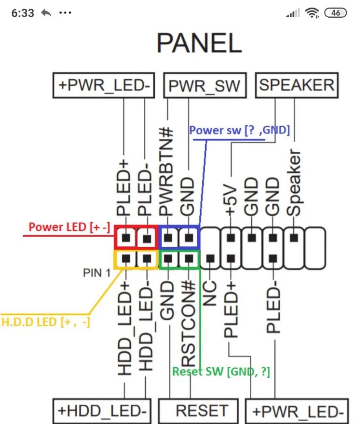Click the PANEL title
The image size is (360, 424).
pyautogui.click(x=199, y=43)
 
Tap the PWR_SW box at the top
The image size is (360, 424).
pyautogui.click(x=204, y=85)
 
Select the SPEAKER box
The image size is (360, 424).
pyautogui.click(x=296, y=85)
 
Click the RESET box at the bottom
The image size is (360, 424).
pyautogui.click(x=198, y=411)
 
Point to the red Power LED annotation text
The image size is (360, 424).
pyautogui.click(x=69, y=227)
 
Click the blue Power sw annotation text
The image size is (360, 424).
pyautogui.click(x=239, y=130)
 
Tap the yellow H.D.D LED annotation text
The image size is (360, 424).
pyautogui.click(x=46, y=322)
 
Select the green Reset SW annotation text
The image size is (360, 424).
pyautogui.click(x=221, y=371)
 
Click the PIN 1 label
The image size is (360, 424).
pyautogui.click(x=97, y=272)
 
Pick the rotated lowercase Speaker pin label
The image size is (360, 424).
pyautogui.click(x=294, y=183)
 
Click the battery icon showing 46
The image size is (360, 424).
pyautogui.click(x=336, y=13)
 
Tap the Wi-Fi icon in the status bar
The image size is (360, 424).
pyautogui.click(x=312, y=13)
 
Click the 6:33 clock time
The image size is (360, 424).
pyautogui.click(x=23, y=13)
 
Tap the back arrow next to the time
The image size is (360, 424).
pyautogui.click(x=46, y=13)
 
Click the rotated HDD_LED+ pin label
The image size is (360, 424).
pyautogui.click(x=125, y=328)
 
